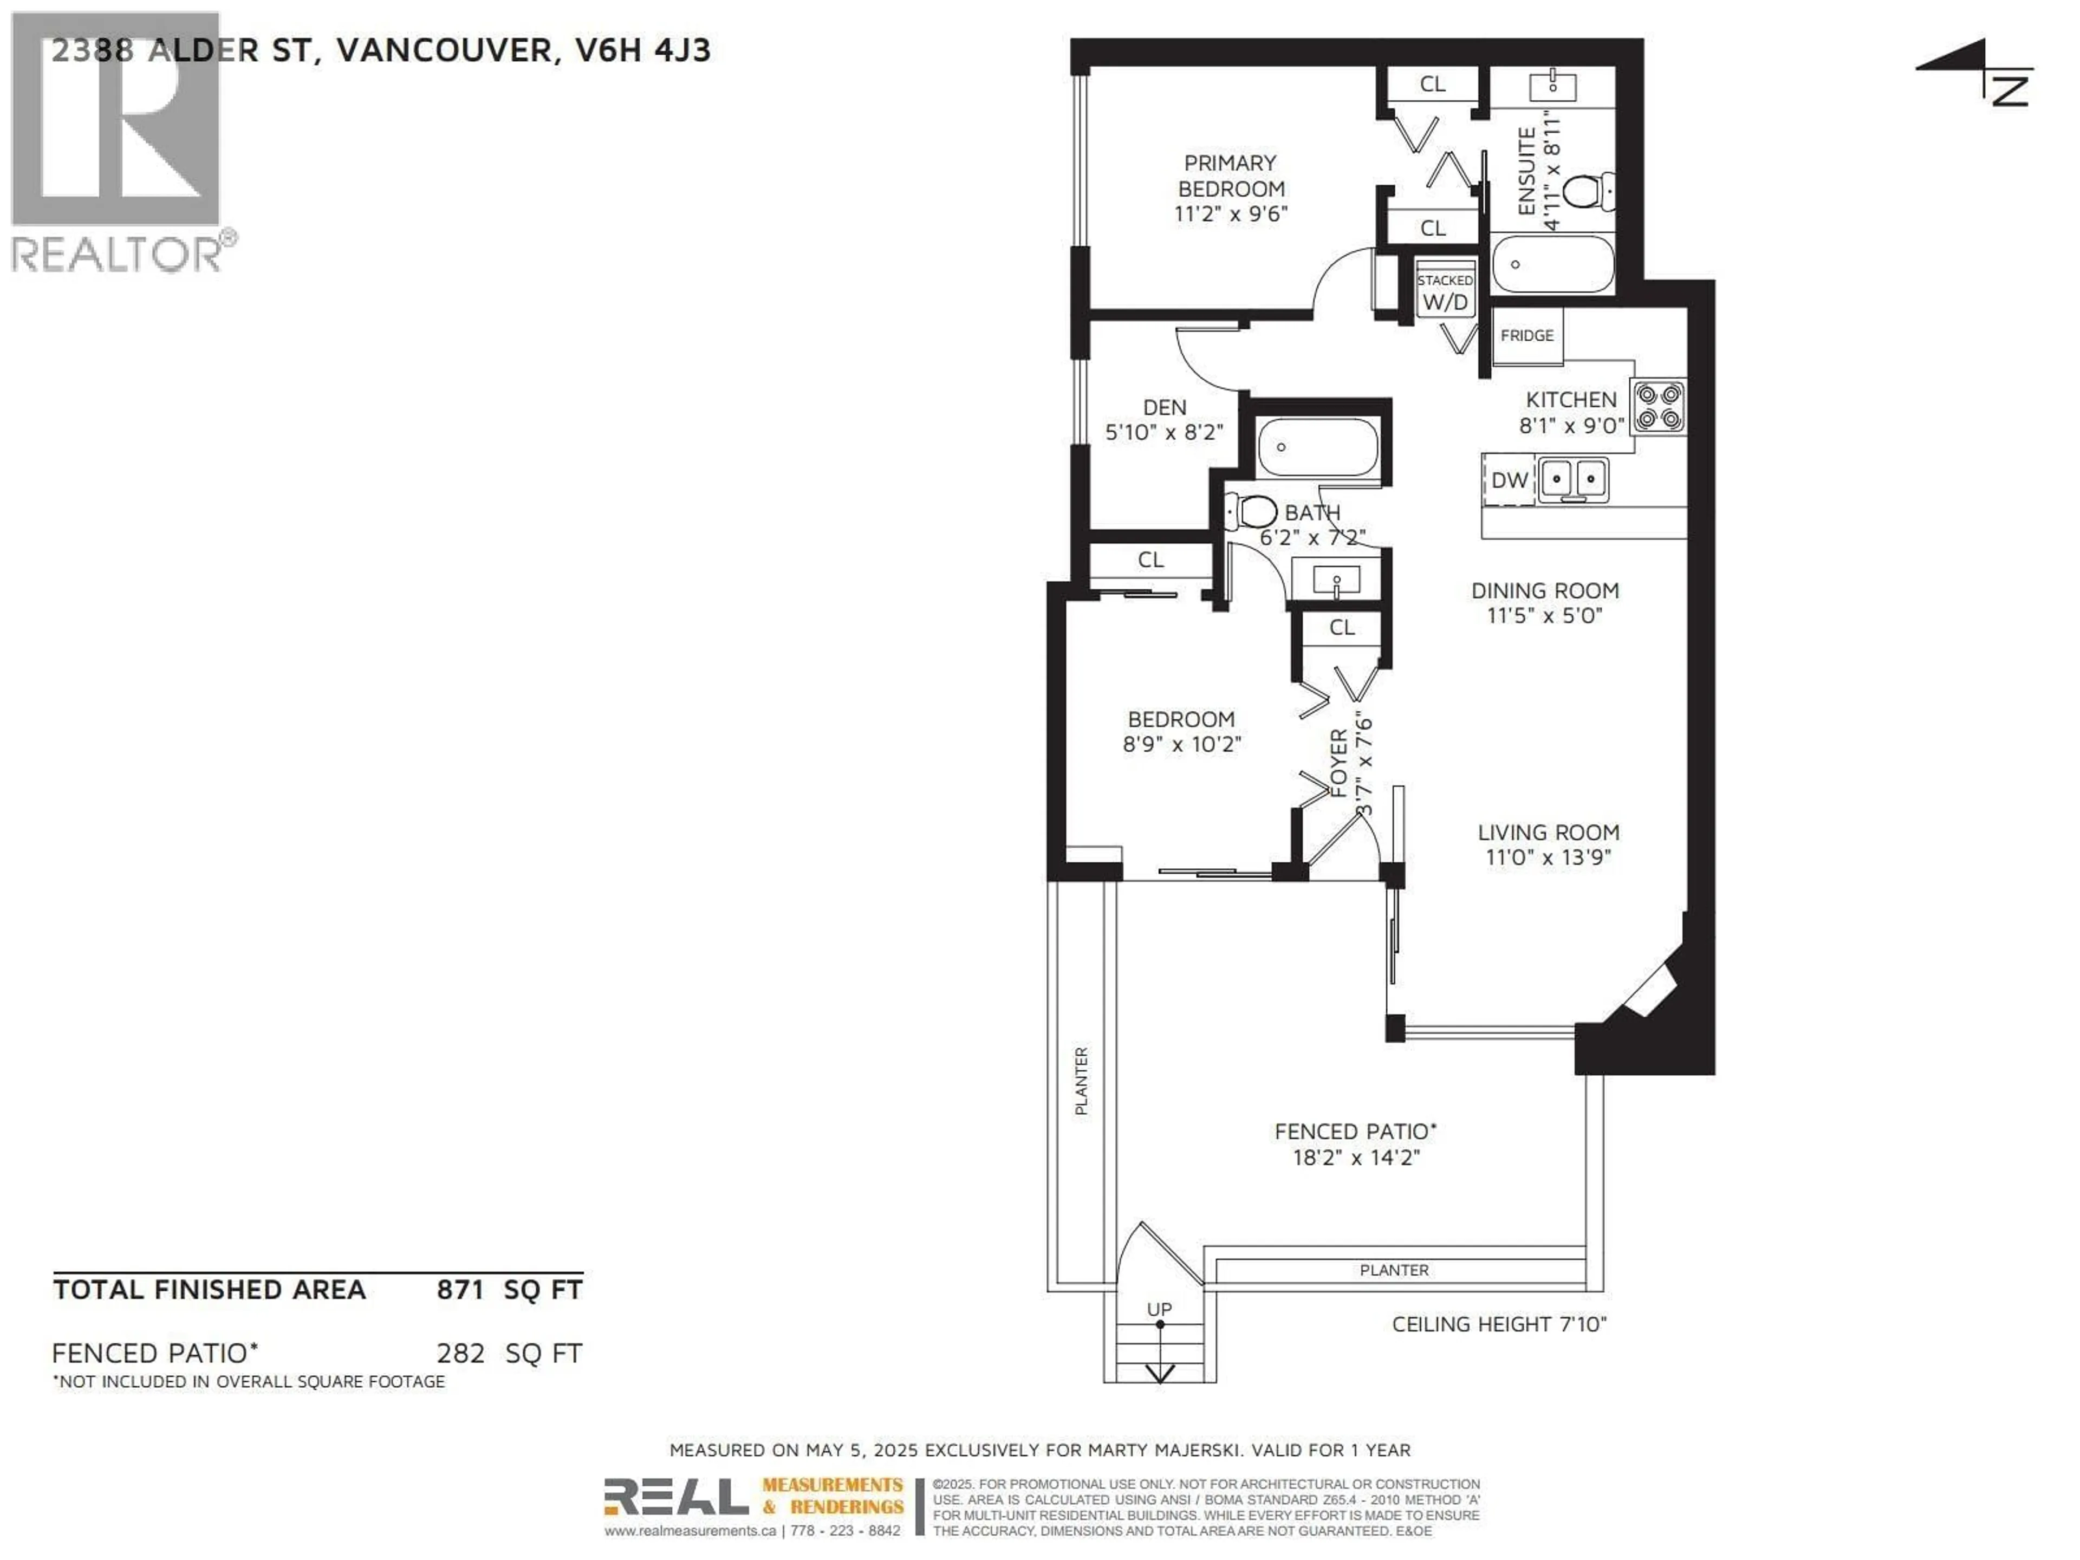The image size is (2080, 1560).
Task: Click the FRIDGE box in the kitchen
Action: click(1527, 336)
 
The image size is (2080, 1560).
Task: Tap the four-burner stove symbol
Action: click(1658, 406)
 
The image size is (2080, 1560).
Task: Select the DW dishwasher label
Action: click(1509, 480)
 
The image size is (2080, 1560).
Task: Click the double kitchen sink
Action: click(1573, 479)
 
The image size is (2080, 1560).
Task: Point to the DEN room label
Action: click(1164, 407)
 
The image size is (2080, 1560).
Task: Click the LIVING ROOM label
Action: click(1548, 832)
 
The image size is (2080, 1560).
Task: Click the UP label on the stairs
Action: click(1159, 1309)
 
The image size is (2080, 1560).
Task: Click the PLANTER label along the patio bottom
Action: click(1394, 1270)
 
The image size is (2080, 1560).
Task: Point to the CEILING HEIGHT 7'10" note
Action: click(1499, 1324)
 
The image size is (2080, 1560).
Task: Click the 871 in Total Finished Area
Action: click(460, 1289)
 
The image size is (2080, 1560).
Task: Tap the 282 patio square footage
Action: click(460, 1353)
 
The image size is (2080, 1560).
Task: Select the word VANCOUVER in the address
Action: click(444, 50)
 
